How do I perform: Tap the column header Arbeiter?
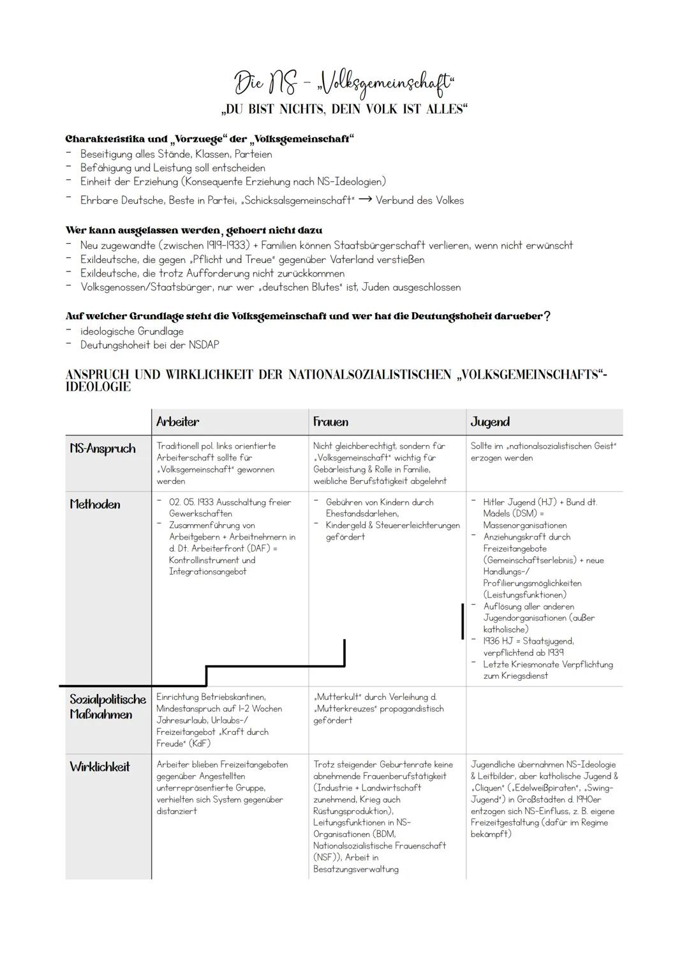[x=177, y=422]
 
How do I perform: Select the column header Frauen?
[x=330, y=422]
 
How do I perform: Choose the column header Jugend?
[x=490, y=422]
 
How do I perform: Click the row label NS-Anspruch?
[x=103, y=449]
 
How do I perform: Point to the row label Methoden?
[x=95, y=504]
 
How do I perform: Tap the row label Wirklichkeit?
[x=100, y=767]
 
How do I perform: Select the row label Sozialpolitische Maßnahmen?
[x=107, y=707]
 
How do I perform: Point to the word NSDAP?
[x=204, y=345]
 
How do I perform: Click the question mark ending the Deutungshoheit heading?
[x=547, y=317]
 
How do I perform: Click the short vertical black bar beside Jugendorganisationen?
[x=463, y=621]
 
